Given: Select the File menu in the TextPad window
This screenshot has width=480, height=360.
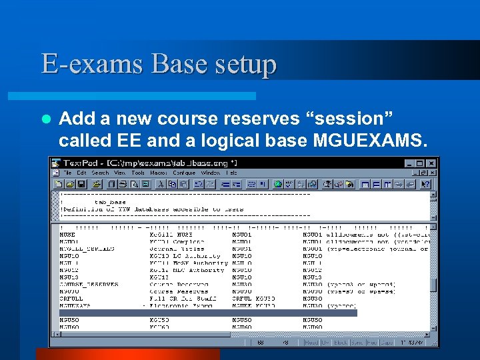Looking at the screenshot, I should pos(69,173).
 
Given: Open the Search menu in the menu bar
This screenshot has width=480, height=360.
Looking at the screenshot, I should pos(100,173).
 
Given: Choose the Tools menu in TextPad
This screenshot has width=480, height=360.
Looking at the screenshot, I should pos(138,173).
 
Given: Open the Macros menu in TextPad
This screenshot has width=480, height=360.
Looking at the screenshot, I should pos(158,173).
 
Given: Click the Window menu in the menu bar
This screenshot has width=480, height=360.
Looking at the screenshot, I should pos(211,173).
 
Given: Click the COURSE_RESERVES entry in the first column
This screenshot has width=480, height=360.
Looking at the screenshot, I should pos(89,284).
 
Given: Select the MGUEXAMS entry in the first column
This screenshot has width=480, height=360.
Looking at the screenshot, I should pos(75,305).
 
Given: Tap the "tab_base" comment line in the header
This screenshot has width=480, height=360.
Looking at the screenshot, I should pos(110,202).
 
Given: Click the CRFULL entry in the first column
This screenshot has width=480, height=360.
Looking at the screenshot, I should pos(70,298).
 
